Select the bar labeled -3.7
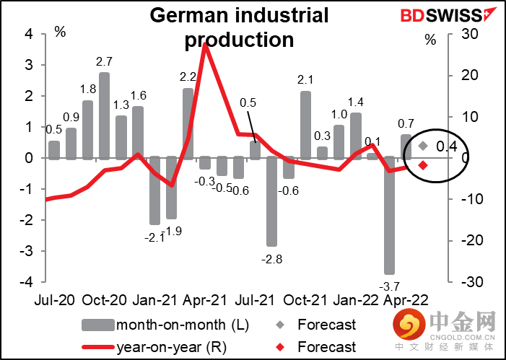tap(389, 215)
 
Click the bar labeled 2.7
tap(104, 114)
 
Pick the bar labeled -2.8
tap(271, 201)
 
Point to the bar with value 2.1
tap(305, 123)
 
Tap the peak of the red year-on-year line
tap(206, 45)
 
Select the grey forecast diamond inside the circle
tap(423, 146)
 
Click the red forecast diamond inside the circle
tap(423, 165)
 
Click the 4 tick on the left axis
tap(29, 33)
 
